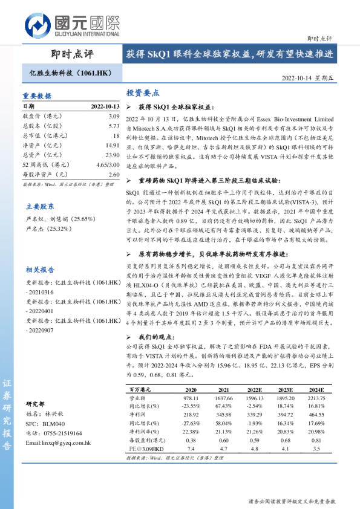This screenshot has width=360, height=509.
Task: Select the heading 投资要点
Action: pyautogui.click(x=143, y=93)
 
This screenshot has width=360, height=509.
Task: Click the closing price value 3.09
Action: pyautogui.click(x=114, y=116)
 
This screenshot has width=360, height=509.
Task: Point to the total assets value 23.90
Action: pyautogui.click(x=113, y=155)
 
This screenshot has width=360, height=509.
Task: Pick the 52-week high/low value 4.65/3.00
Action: pyautogui.click(x=108, y=164)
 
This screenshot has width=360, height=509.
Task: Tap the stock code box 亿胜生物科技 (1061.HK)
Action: pyautogui.click(x=71, y=73)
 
